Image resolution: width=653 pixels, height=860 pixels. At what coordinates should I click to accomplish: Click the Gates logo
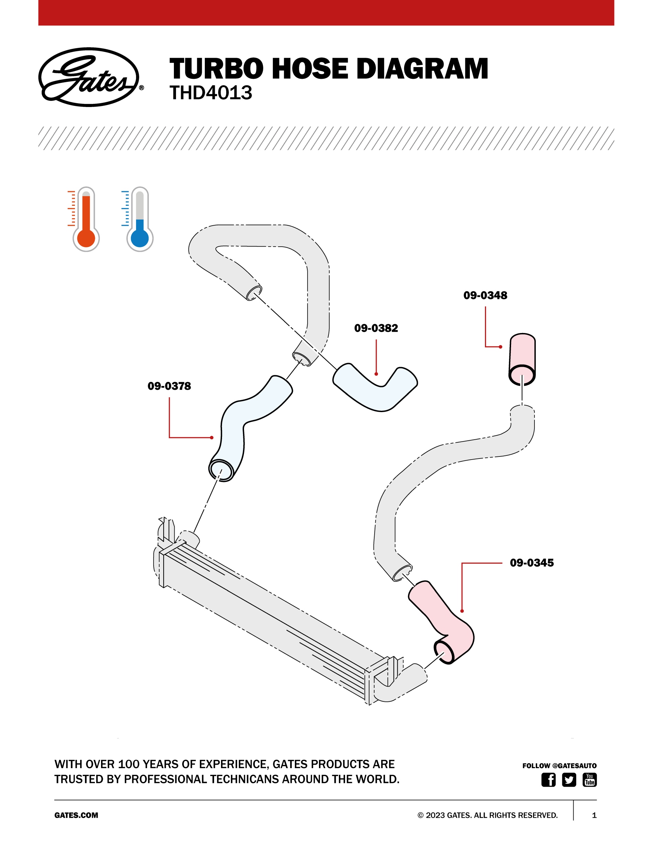click(89, 77)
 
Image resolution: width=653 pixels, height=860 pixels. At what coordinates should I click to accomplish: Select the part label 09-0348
click(485, 295)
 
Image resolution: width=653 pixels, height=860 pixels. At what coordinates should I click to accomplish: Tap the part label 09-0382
click(376, 328)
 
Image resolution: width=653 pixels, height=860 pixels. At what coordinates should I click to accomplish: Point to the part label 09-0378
click(169, 386)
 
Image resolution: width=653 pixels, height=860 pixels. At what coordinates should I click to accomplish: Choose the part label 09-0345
click(531, 562)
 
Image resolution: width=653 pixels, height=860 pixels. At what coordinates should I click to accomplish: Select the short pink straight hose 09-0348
click(522, 356)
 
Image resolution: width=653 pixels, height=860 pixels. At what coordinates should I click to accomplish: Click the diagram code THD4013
click(211, 93)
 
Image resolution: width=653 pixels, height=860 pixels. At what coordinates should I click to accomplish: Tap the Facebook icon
click(548, 780)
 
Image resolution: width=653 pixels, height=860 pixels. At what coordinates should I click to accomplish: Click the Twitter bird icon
click(569, 780)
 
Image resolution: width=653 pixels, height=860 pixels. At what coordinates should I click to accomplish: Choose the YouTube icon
click(589, 780)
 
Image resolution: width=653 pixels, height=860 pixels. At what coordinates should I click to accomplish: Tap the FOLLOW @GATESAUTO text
click(559, 765)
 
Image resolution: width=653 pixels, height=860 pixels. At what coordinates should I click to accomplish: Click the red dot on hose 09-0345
click(462, 611)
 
